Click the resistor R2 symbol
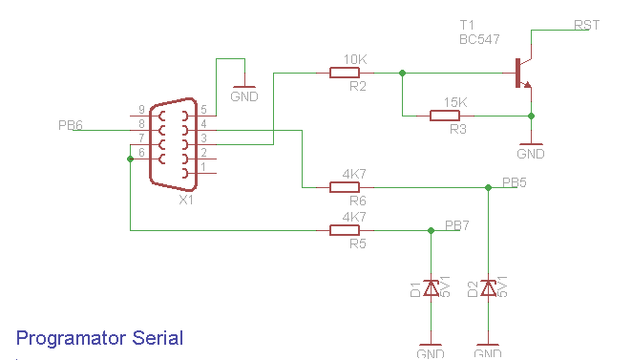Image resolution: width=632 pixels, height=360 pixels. (x=345, y=73)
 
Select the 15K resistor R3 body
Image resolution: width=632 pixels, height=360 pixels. (x=445, y=116)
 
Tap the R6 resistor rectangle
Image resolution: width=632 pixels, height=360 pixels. (x=345, y=187)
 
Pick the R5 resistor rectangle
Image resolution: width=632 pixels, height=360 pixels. (x=345, y=230)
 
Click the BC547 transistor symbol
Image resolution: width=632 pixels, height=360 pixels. (x=521, y=74)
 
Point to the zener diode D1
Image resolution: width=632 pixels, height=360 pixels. (x=431, y=287)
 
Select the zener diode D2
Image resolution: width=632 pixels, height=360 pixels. (x=489, y=287)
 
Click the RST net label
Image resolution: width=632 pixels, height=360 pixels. (x=586, y=25)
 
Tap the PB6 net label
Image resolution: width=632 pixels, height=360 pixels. (x=71, y=125)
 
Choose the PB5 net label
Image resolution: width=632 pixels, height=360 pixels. (x=515, y=181)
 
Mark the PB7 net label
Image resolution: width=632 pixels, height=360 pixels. (x=457, y=225)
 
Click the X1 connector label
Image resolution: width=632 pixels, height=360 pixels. (x=186, y=200)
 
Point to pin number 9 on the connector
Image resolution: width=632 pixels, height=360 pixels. (x=142, y=109)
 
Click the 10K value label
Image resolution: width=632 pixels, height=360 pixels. (x=354, y=59)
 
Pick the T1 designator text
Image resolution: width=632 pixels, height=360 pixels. (x=467, y=23)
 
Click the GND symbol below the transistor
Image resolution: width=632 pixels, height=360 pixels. (x=531, y=151)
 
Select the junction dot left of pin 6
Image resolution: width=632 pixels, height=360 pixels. (x=131, y=159)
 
